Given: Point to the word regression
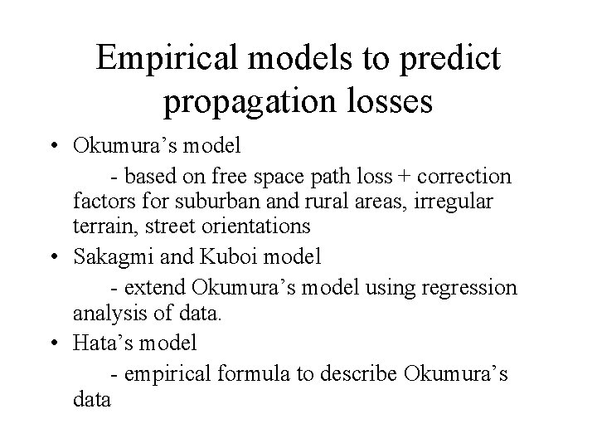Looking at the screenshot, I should (x=472, y=287).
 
